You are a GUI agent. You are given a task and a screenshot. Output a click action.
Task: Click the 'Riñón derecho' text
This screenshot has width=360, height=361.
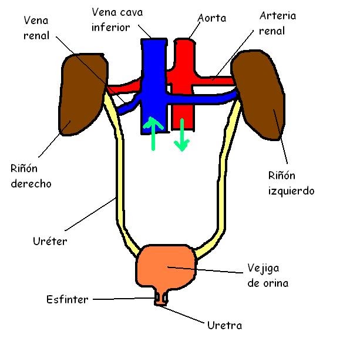coord(31,175)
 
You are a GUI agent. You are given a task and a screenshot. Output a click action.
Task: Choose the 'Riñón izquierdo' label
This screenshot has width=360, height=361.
coord(291,183)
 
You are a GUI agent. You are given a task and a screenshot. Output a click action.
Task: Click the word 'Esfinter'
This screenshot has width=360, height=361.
coord(68,299)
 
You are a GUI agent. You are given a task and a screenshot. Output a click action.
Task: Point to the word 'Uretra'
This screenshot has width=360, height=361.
coord(224,325)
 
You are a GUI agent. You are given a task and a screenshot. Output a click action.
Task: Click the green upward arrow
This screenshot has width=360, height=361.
coord(153,133)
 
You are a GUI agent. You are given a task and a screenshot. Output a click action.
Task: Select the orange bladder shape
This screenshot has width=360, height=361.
coord(166,268)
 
